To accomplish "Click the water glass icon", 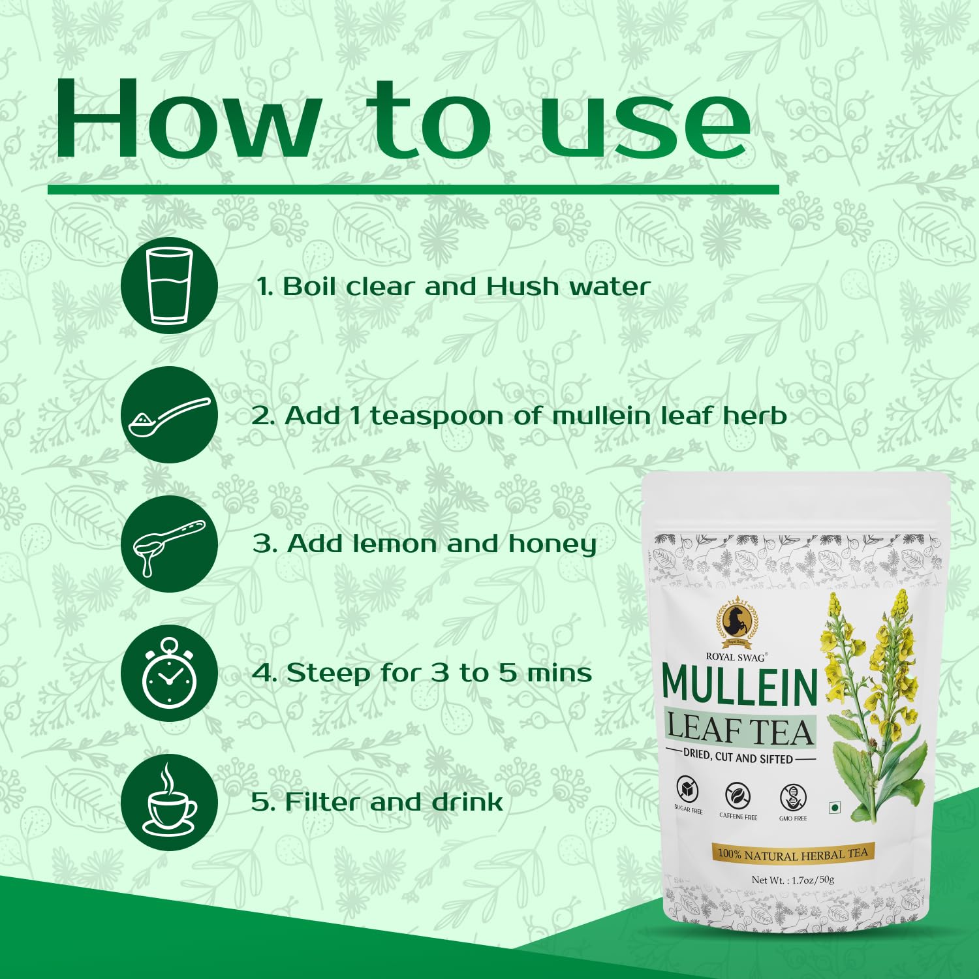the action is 170,286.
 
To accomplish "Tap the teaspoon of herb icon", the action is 170,415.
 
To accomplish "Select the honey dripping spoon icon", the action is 170,544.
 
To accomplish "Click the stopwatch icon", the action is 170,673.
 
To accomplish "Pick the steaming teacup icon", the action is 170,802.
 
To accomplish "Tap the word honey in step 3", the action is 553,545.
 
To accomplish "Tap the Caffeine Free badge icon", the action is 738,796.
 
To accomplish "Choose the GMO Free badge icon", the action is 793,797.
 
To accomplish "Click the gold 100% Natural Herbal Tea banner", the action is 792,853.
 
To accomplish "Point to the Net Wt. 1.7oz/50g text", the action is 792,880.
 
